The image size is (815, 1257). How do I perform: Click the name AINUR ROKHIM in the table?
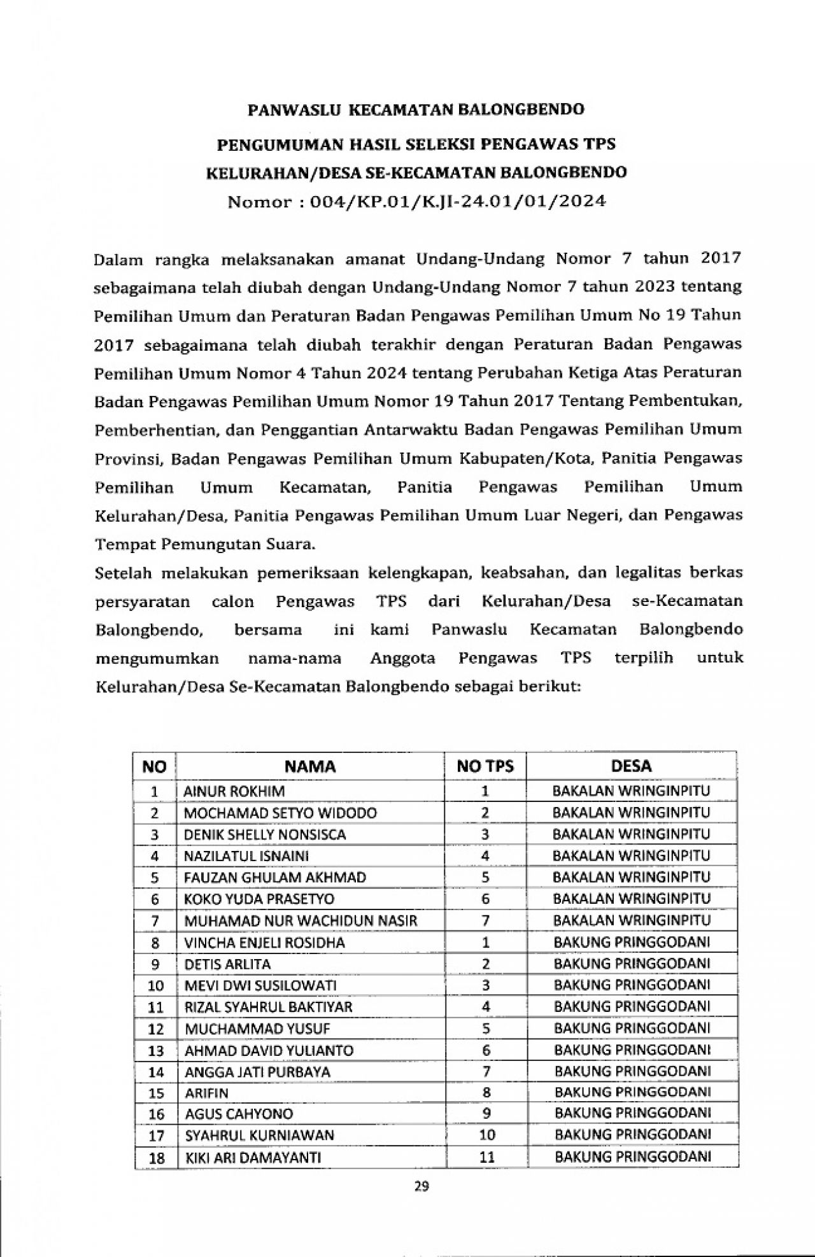pyautogui.click(x=234, y=791)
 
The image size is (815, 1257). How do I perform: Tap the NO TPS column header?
pyautogui.click(x=485, y=766)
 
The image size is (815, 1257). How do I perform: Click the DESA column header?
pyautogui.click(x=631, y=766)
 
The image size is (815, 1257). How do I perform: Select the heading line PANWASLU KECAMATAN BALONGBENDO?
pyautogui.click(x=416, y=109)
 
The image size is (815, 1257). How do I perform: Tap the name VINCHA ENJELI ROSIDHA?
pyautogui.click(x=264, y=942)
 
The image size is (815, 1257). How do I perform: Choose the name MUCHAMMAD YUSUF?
pyautogui.click(x=248, y=1029)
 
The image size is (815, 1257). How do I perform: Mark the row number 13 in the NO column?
pyautogui.click(x=155, y=1050)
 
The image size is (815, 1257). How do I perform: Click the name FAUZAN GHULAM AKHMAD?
pyautogui.click(x=275, y=878)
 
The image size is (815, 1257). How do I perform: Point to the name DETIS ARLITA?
pyautogui.click(x=227, y=964)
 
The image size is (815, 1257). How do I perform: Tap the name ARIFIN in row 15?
pyautogui.click(x=206, y=1093)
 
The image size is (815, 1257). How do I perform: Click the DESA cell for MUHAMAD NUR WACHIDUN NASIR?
pyautogui.click(x=631, y=920)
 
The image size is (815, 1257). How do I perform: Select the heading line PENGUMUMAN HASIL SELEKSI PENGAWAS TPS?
pyautogui.click(x=416, y=144)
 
